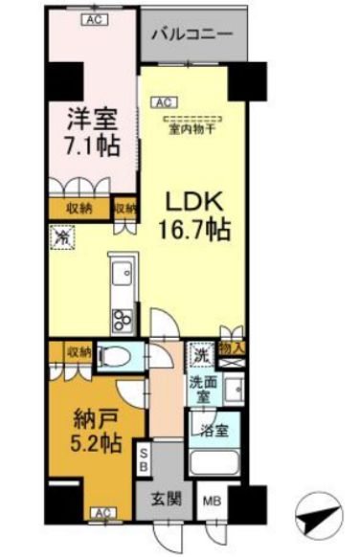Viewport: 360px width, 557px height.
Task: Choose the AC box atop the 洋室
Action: point(94,18)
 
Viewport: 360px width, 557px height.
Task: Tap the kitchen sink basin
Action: point(122,277)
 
